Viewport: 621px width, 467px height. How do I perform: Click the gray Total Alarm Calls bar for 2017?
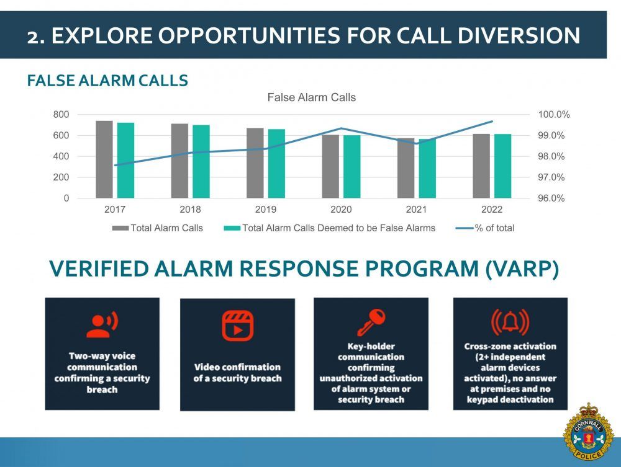tap(104, 159)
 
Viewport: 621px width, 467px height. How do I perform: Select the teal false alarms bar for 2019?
tap(276, 164)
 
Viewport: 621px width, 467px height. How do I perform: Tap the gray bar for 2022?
tap(481, 166)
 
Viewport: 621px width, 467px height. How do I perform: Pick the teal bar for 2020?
tap(351, 166)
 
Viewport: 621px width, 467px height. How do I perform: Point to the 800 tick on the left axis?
tap(61, 115)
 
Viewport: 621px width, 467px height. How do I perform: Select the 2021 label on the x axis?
tap(416, 210)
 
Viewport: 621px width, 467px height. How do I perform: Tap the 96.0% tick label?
tap(551, 198)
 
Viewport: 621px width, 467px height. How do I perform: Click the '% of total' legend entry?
tap(485, 228)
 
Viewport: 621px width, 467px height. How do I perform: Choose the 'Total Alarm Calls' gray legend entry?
tap(158, 228)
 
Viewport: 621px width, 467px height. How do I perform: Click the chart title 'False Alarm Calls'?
tap(312, 97)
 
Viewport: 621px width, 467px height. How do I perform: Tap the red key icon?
tap(371, 322)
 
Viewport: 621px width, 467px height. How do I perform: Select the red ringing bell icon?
tap(510, 321)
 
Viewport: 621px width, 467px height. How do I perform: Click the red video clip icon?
tap(238, 326)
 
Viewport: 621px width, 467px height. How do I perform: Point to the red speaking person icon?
tap(102, 324)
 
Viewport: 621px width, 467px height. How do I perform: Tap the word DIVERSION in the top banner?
tap(519, 35)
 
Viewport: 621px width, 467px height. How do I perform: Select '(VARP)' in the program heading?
tap(522, 269)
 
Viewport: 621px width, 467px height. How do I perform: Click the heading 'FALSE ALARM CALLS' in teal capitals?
tap(107, 80)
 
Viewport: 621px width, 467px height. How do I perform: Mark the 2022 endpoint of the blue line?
tap(492, 122)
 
